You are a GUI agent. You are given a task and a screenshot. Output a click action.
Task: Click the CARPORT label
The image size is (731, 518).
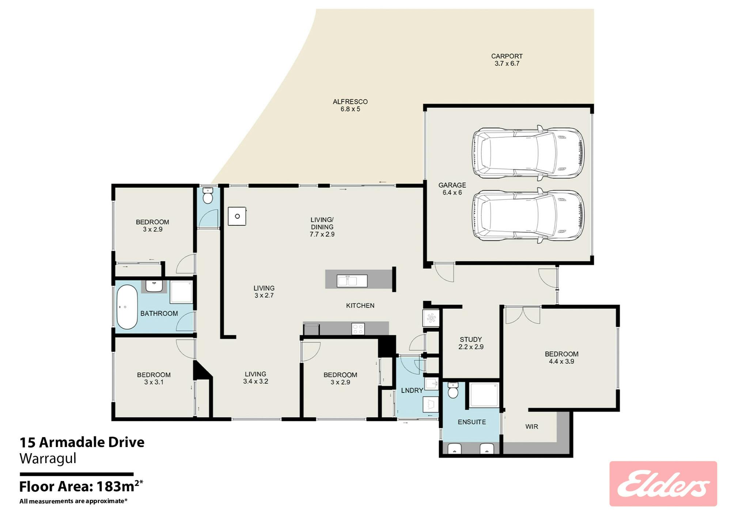tap(507, 56)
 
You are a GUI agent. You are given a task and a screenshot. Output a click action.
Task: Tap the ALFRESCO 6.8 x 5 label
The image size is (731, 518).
tap(350, 105)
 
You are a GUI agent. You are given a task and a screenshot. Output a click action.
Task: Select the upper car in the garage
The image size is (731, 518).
tap(528, 153)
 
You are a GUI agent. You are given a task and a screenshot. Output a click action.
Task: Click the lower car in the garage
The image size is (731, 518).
tap(528, 216)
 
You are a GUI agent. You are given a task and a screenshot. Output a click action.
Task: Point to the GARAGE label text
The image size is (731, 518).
tap(452, 185)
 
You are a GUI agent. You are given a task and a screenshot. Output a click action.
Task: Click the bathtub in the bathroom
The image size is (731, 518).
tap(127, 307)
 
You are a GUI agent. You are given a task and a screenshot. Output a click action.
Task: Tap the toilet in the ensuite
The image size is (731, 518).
tap(453, 390)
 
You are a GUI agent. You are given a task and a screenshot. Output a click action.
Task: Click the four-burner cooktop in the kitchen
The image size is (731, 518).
tap(358, 329)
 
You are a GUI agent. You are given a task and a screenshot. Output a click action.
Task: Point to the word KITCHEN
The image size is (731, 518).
tap(360, 306)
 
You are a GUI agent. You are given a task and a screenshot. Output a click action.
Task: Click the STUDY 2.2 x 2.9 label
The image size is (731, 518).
tap(471, 343)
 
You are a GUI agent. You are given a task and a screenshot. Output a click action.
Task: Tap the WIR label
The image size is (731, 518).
tap(531, 426)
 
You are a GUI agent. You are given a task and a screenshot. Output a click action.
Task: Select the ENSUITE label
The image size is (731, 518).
tap(472, 422)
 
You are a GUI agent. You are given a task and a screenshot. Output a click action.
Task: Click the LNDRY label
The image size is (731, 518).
tap(412, 391)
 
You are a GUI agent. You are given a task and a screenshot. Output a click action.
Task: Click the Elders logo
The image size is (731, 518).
tap(663, 484)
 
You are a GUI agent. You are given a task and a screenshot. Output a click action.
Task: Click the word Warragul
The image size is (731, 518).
tap(48, 458)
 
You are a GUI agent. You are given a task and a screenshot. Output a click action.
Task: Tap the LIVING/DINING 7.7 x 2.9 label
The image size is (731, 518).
tap(322, 227)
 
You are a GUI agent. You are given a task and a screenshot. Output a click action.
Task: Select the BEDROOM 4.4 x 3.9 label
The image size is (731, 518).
tap(561, 358)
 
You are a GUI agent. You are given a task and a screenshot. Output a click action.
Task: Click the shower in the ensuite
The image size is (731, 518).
tap(484, 395)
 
